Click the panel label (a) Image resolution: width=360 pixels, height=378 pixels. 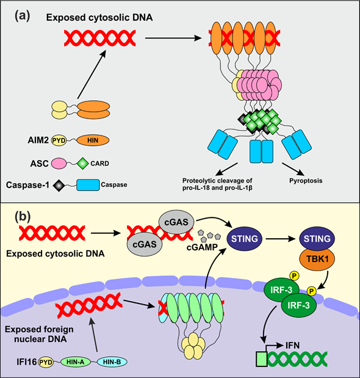23,17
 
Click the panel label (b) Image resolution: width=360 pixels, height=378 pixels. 23,217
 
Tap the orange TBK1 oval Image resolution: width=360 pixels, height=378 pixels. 317,259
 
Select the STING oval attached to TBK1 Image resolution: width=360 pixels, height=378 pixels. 317,239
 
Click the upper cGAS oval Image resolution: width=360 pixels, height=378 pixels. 176,222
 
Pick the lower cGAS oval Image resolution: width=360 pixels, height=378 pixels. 145,244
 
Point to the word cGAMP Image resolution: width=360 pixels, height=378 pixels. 203,247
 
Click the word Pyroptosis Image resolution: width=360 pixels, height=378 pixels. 306,181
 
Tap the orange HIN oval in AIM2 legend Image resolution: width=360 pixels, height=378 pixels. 93,140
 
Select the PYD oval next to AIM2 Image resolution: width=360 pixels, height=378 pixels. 59,140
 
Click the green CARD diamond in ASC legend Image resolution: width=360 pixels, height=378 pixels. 82,163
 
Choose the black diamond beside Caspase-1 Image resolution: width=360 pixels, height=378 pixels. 59,186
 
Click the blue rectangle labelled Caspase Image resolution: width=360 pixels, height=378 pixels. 88,185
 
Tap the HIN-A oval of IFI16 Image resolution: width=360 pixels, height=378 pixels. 76,362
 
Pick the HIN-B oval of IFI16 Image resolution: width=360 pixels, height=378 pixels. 112,362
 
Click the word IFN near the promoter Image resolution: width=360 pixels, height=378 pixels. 292,346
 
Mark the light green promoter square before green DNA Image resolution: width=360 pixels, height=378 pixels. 261,359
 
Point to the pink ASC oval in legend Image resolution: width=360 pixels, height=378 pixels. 59,164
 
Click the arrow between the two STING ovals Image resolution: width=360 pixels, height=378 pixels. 281,239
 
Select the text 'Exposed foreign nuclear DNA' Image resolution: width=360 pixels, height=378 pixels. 39,334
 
